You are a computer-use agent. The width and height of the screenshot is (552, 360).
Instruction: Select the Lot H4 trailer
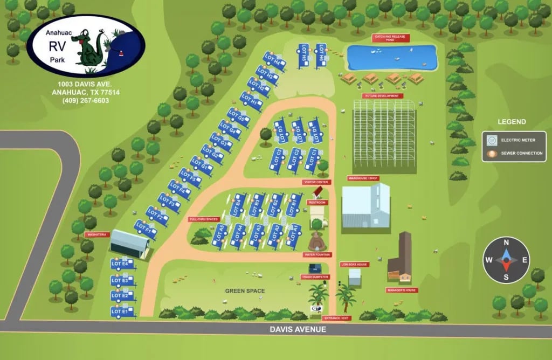coord(274,61)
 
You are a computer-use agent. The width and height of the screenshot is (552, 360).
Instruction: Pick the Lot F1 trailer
coord(146,229)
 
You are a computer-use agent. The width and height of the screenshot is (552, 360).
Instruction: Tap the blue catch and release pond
coord(391,57)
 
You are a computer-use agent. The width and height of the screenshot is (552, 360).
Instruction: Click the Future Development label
coord(383,96)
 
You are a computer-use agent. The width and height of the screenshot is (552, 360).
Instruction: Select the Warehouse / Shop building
coord(365,206)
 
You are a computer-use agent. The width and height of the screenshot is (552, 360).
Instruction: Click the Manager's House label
coord(402,290)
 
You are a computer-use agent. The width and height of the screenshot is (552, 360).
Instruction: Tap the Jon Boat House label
coord(354,265)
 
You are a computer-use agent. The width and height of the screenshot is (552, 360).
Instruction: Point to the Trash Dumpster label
coord(314,277)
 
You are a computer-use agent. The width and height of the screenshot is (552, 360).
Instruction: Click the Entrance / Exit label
coord(337,318)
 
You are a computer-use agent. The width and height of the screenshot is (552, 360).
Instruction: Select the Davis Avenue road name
coord(298,329)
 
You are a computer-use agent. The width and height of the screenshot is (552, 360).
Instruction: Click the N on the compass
coord(506,243)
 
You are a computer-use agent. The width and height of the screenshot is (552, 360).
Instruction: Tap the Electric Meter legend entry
coord(514,140)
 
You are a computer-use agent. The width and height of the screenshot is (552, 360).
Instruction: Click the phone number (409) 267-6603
coord(86,100)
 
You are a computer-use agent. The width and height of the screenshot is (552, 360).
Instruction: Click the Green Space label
coord(245,291)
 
